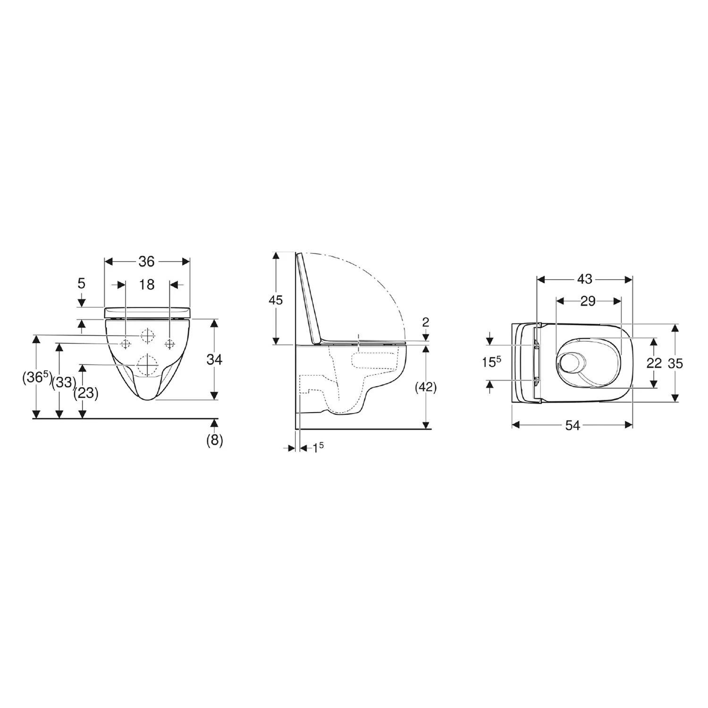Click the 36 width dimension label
146,261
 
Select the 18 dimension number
147,285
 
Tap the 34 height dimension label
214,360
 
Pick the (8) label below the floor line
215,440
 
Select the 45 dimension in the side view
275,300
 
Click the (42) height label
426,388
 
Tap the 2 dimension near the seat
426,322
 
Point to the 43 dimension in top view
585,279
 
